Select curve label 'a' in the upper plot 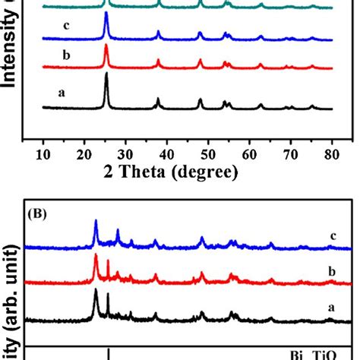[x=60, y=93]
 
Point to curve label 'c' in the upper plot [x=67, y=26]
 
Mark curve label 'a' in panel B [x=333, y=308]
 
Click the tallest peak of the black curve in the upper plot [x=106, y=74]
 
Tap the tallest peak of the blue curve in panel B [x=96, y=221]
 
